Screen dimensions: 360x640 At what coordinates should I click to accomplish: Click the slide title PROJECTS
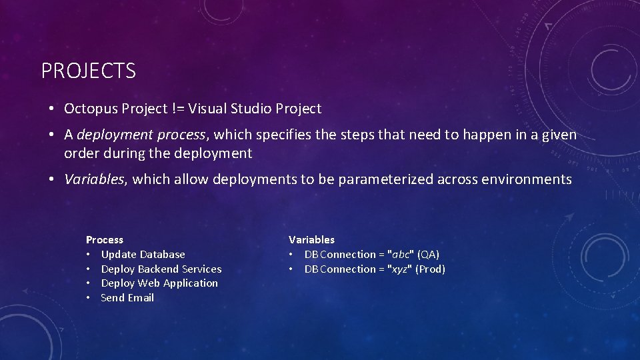89,71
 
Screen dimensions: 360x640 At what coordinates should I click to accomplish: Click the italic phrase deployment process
141,135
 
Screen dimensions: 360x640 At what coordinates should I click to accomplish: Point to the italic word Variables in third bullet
94,179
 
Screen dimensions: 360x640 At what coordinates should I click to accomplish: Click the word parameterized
386,179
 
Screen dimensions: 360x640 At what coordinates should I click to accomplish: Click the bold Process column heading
105,239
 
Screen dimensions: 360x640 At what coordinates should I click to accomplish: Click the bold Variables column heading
311,239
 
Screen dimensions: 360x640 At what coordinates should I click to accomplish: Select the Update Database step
143,254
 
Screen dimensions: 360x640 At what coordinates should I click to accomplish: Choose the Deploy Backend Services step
161,269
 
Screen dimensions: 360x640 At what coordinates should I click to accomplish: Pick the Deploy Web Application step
159,283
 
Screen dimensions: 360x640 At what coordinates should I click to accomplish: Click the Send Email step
127,298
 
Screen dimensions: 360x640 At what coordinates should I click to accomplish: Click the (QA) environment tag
428,254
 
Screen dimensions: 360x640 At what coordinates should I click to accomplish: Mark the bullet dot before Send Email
88,298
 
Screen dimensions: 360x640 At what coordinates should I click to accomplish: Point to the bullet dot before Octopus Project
51,109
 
